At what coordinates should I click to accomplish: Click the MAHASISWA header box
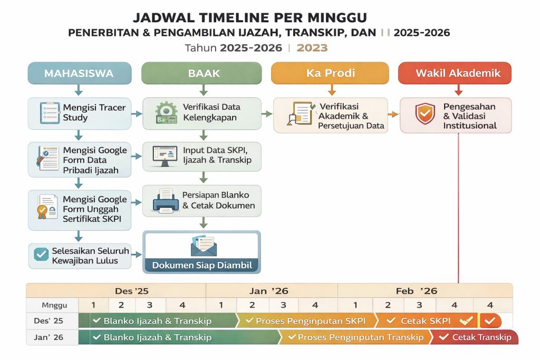(79, 73)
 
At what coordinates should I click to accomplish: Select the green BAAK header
(201, 73)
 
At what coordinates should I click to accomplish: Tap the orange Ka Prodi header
(330, 73)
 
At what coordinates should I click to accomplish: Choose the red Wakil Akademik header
(455, 73)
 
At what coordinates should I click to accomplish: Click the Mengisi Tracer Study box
(79, 113)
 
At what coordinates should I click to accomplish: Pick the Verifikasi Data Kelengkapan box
(202, 113)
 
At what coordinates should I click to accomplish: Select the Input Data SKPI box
(202, 155)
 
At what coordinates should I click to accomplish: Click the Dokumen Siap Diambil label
(201, 265)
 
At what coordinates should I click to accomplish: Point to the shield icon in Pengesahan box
(425, 113)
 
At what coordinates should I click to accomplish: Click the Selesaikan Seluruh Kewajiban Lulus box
(79, 256)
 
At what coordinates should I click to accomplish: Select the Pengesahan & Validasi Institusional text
(469, 116)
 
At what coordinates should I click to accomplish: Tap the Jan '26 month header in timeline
(272, 290)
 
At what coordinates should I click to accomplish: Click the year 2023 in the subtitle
(312, 48)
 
